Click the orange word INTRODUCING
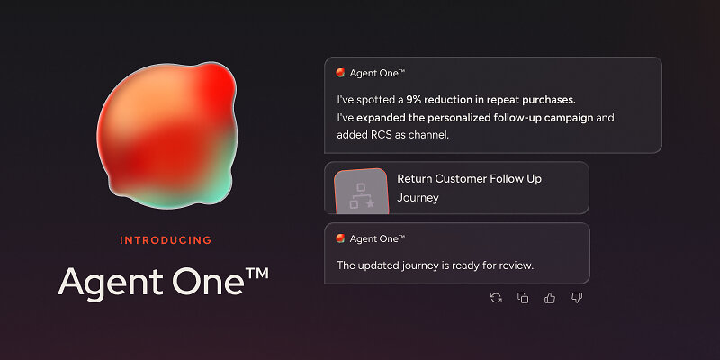(166, 240)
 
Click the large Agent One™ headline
(163, 282)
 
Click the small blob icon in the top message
(340, 73)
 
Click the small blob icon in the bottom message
(340, 238)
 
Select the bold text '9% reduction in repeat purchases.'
(490, 100)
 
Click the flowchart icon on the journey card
(362, 196)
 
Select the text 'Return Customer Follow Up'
(469, 178)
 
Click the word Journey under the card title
(418, 198)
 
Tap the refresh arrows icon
(496, 298)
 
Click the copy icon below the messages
(523, 298)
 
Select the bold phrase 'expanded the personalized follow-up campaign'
(475, 118)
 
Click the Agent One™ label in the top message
(377, 73)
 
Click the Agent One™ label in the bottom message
(377, 238)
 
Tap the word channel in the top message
(429, 135)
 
